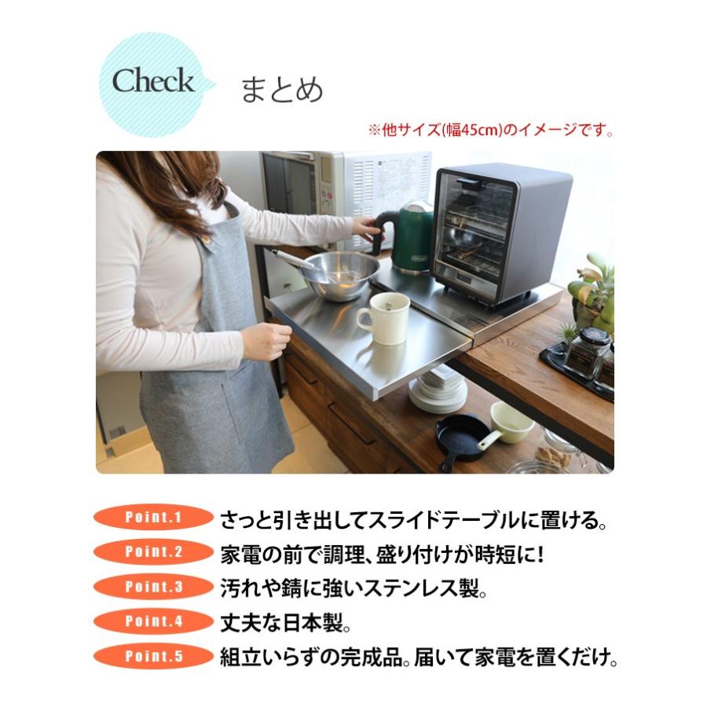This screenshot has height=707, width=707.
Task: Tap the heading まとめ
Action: (x=281, y=90)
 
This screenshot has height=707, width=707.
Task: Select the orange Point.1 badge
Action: (x=154, y=518)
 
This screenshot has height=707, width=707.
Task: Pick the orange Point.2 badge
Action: (x=154, y=551)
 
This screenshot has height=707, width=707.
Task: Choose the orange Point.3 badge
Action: (x=154, y=587)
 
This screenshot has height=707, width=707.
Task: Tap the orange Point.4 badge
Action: (x=154, y=621)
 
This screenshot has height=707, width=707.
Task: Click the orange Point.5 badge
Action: (x=154, y=656)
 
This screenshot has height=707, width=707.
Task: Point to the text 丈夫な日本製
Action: (x=285, y=622)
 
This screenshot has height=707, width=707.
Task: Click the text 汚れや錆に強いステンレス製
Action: (x=353, y=587)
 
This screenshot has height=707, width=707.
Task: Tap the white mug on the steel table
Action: (x=383, y=318)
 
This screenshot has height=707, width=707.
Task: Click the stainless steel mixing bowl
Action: (x=339, y=274)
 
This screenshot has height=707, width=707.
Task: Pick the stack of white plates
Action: (x=438, y=391)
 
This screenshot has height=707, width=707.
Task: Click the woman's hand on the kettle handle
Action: (x=367, y=228)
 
